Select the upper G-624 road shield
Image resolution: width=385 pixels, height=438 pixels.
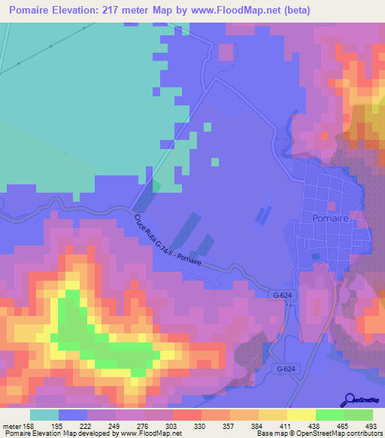(x=280, y=296)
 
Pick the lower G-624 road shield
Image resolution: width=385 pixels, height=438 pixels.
(x=285, y=370)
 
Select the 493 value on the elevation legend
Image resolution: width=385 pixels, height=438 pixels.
(x=371, y=426)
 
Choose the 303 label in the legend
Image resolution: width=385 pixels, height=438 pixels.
(x=173, y=426)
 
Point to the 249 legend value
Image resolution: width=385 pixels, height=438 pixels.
(x=116, y=426)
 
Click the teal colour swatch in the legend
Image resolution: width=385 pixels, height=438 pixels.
(x=44, y=415)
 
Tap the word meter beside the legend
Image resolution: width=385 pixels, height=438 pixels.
(x=11, y=426)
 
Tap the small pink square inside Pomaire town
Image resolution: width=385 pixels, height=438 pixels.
(x=331, y=205)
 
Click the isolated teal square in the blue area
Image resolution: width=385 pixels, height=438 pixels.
(x=215, y=161)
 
